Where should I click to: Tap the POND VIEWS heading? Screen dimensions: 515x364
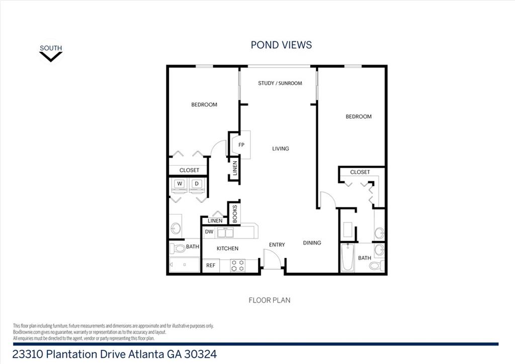click(x=281, y=45)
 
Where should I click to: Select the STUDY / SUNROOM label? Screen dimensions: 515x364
click(x=280, y=83)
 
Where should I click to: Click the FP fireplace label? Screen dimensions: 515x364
click(x=241, y=144)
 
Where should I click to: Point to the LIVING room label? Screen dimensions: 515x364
click(x=281, y=149)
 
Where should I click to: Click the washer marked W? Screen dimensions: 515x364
click(x=180, y=184)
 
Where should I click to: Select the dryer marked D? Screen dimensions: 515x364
click(x=197, y=184)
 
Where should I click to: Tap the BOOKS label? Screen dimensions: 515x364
click(x=235, y=214)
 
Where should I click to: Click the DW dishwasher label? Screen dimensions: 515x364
click(x=209, y=232)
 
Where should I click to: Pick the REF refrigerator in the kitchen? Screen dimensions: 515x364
click(x=211, y=265)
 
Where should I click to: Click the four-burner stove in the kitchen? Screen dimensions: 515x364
click(x=238, y=265)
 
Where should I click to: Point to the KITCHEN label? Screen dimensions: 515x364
click(x=228, y=249)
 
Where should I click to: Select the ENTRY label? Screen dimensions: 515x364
click(x=277, y=245)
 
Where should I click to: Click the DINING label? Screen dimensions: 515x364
click(x=312, y=243)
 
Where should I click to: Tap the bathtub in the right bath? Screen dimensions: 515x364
click(x=348, y=258)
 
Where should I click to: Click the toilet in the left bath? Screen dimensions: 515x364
click(x=178, y=248)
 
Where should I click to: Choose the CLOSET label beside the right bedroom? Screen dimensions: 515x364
click(x=360, y=172)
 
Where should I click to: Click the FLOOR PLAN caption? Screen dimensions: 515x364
click(x=270, y=300)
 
